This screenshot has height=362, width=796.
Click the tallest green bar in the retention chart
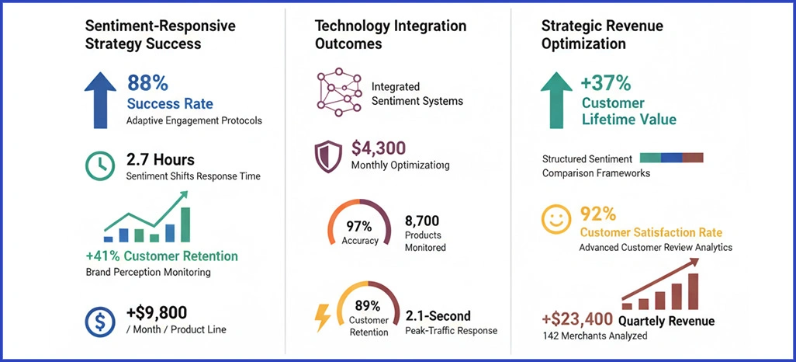click(185, 224)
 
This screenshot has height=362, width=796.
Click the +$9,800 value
click(156, 313)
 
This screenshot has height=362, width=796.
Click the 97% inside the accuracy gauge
click(360, 226)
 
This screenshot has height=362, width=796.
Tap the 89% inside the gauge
click(368, 305)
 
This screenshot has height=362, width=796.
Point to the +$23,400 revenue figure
click(578, 320)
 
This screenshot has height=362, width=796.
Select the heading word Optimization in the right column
click(583, 44)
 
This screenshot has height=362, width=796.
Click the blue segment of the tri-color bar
click(671, 158)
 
